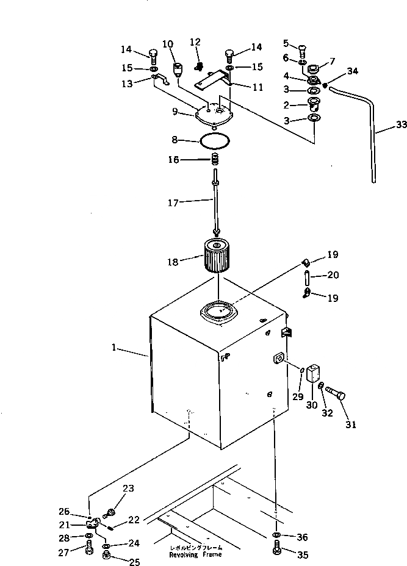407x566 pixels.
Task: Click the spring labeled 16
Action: (215, 160)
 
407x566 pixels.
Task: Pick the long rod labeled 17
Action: (215, 204)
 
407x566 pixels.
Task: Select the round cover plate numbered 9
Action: (214, 114)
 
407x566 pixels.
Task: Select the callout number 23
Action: (128, 488)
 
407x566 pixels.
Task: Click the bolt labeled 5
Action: (302, 47)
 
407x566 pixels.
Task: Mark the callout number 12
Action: (195, 42)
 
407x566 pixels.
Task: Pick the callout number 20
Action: (333, 275)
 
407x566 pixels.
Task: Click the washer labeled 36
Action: (276, 536)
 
